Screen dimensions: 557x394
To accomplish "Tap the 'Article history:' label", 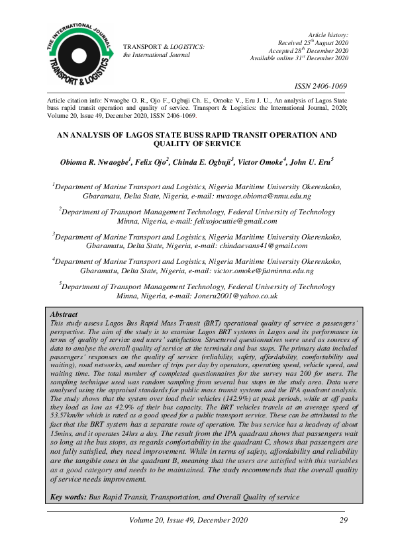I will click(328, 34).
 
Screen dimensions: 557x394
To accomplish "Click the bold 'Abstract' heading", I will click(64, 314).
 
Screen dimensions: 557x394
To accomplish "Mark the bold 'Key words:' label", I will click(68, 496).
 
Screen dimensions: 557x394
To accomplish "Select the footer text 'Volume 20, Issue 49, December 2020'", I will click(197, 520).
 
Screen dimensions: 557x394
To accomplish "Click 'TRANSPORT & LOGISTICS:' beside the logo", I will click(164, 47).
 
